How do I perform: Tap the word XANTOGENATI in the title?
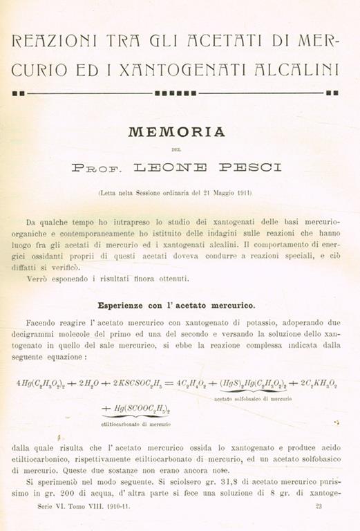170,70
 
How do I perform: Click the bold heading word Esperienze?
124,304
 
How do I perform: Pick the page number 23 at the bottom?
319,506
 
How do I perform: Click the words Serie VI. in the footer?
53,506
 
